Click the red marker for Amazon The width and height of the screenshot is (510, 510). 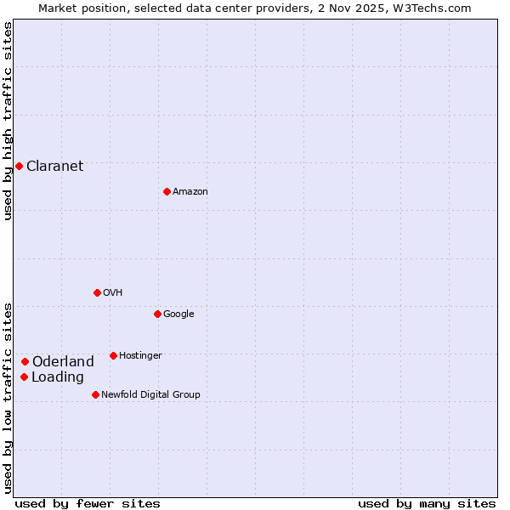point(167,191)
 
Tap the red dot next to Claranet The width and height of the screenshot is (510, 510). point(19,166)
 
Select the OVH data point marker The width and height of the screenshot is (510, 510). point(97,292)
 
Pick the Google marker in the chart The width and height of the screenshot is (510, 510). point(157,314)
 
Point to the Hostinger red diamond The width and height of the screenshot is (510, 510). point(113,355)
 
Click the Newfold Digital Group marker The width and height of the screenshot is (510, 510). point(95,394)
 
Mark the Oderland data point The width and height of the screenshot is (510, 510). point(25,361)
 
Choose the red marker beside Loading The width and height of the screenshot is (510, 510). point(24,377)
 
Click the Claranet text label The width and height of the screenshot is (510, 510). point(54,166)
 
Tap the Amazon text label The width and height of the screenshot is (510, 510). point(190,191)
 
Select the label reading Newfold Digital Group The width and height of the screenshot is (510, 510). point(150,394)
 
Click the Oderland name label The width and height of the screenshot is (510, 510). point(63,361)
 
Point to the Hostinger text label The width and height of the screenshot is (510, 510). point(140,355)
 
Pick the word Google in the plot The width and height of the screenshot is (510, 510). point(178,314)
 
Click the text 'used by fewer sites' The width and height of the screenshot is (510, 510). point(88,503)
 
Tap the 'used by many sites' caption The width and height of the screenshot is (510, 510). point(427,503)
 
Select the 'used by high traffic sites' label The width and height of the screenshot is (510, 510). point(8,121)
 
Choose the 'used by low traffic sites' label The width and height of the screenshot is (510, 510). point(8,397)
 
